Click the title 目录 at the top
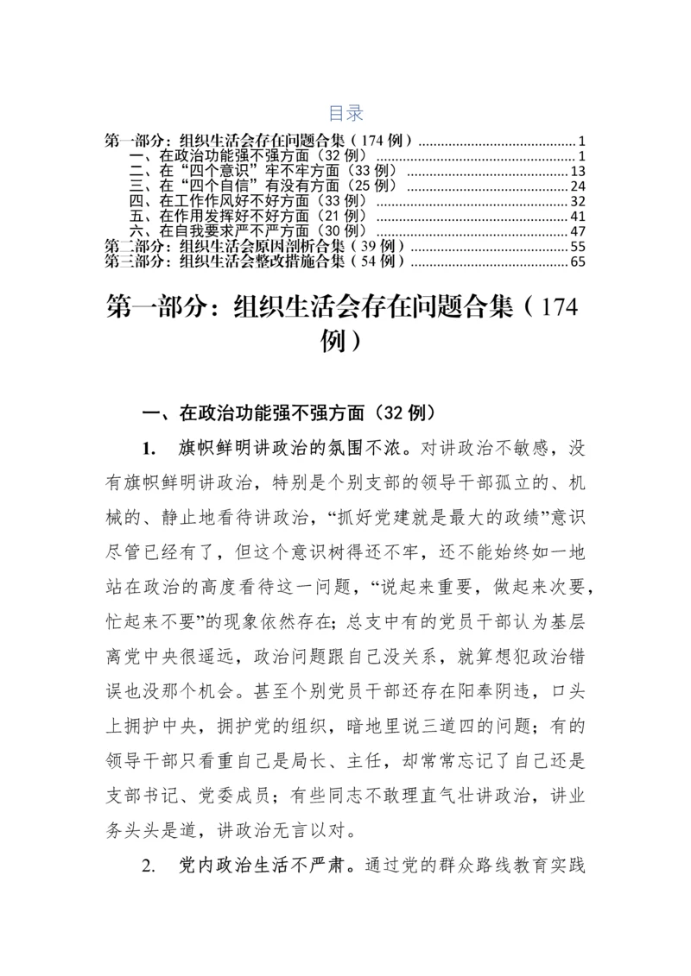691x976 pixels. click(x=345, y=113)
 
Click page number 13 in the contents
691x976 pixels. click(x=579, y=171)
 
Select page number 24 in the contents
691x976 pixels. click(x=579, y=186)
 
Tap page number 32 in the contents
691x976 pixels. click(x=579, y=201)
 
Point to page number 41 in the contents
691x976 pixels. click(x=579, y=217)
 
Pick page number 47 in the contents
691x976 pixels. click(x=579, y=231)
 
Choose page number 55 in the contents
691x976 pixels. click(x=579, y=247)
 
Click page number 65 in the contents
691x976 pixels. click(x=579, y=261)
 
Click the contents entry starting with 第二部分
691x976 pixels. click(x=255, y=247)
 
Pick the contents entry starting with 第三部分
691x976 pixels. click(x=255, y=261)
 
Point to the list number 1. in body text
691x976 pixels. click(x=149, y=449)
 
